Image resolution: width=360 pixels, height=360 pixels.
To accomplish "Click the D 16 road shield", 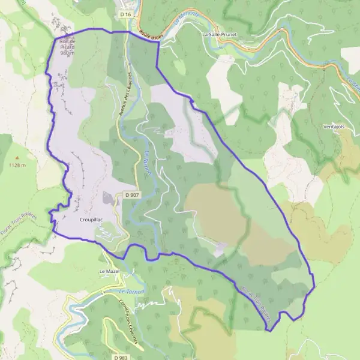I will click(125, 13).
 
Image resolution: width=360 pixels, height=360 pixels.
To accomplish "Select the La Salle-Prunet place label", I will click(220, 35).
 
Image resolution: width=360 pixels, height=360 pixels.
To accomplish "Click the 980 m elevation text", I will click(68, 53).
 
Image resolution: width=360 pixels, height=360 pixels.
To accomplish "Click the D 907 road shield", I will click(132, 195).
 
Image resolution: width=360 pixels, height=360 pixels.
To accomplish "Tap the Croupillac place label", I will click(91, 220).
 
